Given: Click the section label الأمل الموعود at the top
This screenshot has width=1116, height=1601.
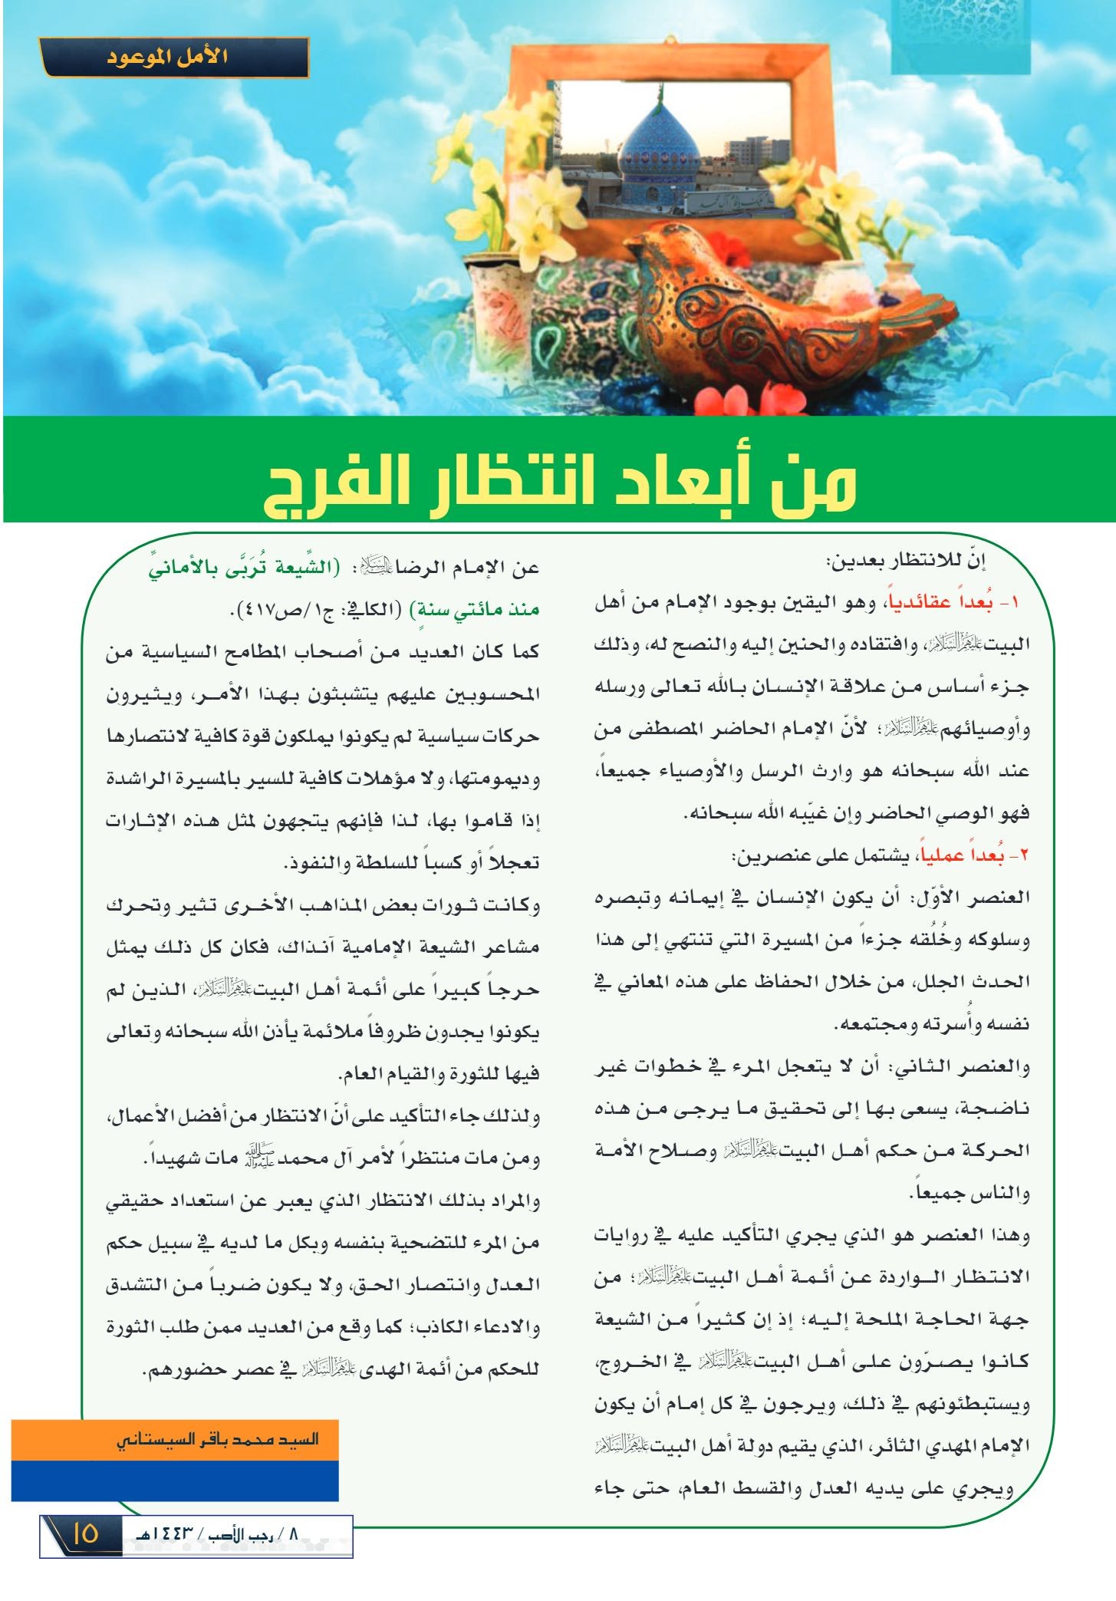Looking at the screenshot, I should click(176, 58).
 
